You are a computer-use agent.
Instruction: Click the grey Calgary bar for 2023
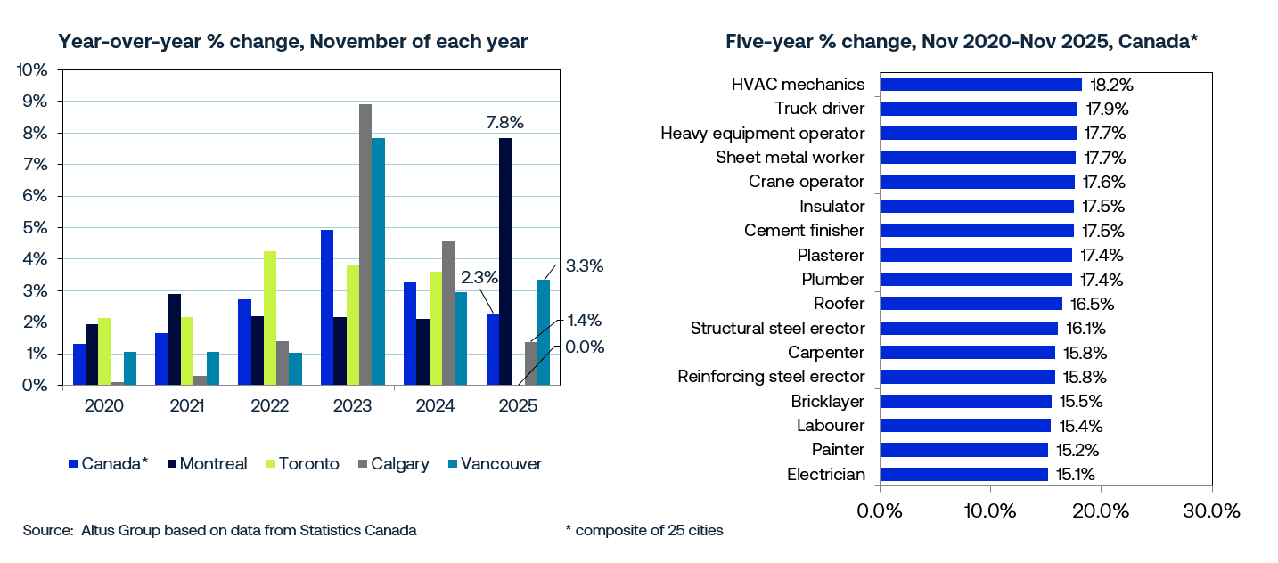(x=365, y=245)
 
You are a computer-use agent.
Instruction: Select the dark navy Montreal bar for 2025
(x=506, y=262)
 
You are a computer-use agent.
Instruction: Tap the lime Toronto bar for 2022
(x=269, y=318)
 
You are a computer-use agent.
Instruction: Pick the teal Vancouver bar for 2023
(x=378, y=262)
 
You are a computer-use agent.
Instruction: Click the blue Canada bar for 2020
(x=79, y=364)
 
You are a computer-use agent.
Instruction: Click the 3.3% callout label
(x=585, y=265)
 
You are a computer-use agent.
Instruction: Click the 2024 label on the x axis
(x=435, y=406)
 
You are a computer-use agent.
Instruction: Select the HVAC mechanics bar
(x=980, y=84)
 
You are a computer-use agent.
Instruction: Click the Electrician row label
(x=825, y=474)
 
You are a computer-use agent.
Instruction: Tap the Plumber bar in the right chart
(x=976, y=279)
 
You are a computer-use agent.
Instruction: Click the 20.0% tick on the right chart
(x=1101, y=511)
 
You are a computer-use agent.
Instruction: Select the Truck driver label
(x=819, y=109)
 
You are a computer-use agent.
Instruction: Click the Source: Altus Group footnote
(x=219, y=531)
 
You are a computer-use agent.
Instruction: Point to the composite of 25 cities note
(x=643, y=531)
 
